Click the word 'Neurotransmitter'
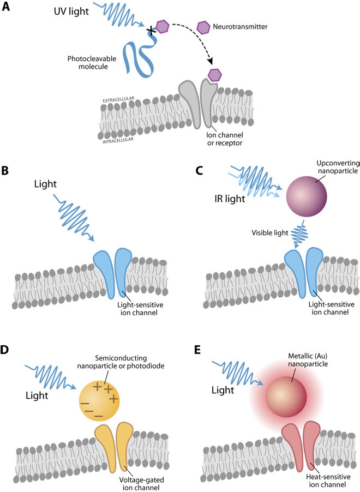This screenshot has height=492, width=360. coord(239,26)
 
